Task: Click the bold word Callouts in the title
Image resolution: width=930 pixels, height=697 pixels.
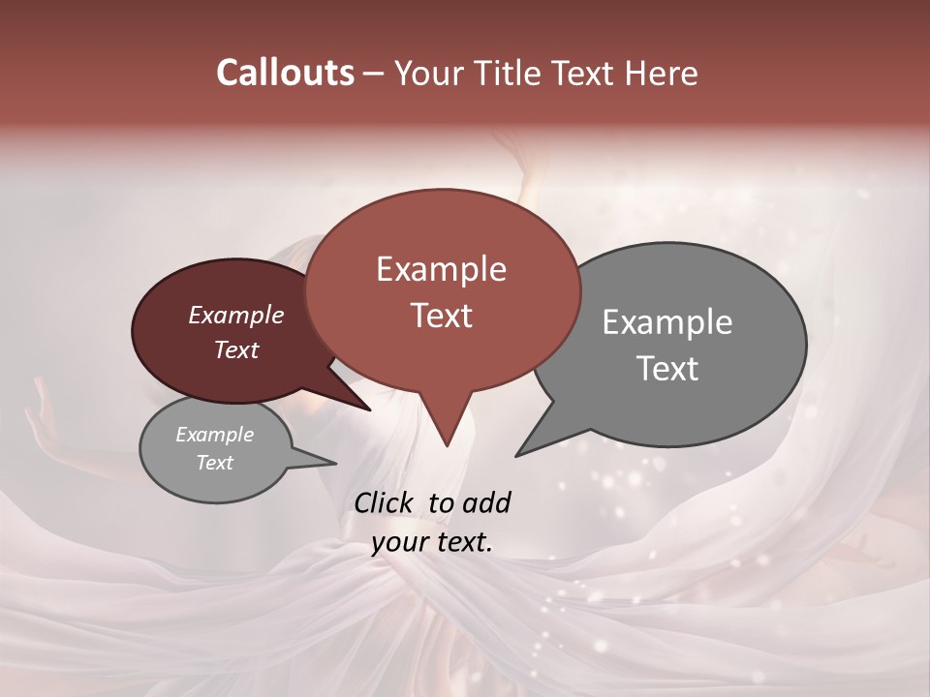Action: click(x=285, y=73)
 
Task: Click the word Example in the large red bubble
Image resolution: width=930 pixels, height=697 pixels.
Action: click(x=441, y=269)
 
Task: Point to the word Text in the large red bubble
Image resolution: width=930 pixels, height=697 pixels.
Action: click(x=441, y=316)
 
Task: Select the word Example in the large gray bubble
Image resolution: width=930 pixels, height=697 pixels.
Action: click(x=667, y=322)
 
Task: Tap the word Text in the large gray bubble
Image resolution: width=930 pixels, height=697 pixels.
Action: click(x=667, y=369)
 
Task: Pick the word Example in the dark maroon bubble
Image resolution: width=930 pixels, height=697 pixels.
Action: click(x=236, y=315)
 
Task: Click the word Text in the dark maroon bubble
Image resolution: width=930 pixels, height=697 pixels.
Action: click(x=236, y=349)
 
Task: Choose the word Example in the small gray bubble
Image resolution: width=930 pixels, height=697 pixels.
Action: click(x=215, y=435)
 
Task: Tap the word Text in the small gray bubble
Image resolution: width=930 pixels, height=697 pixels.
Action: click(x=215, y=463)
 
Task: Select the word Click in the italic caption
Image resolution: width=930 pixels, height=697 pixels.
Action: click(x=386, y=502)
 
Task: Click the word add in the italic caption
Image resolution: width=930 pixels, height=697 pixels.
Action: click(x=485, y=502)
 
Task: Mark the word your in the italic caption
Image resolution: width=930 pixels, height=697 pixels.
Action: click(x=399, y=542)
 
